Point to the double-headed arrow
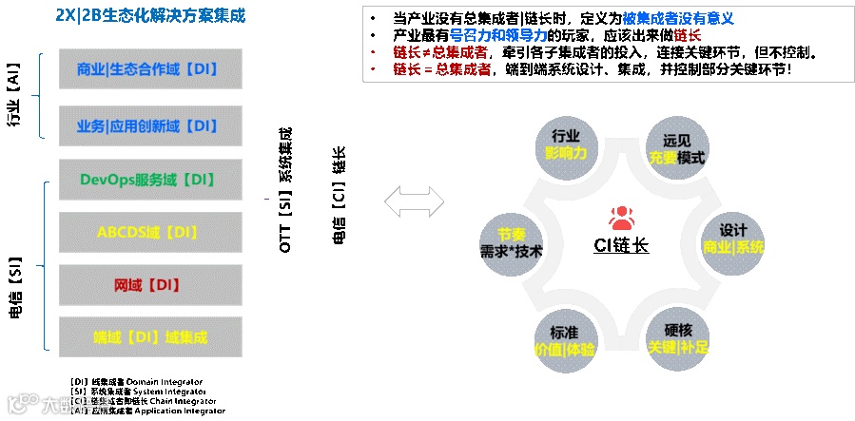point(415,201)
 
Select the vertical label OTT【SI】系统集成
point(285,190)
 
